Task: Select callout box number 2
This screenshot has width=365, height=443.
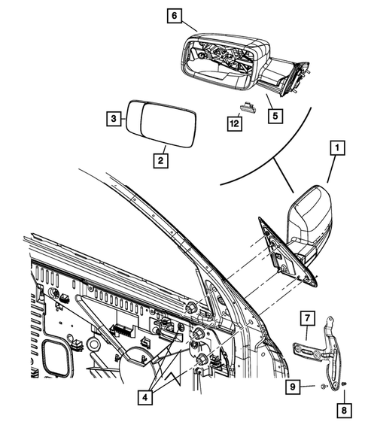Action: coord(160,160)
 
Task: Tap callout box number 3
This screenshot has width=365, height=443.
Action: coord(112,119)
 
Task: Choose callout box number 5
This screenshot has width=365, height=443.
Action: coord(275,116)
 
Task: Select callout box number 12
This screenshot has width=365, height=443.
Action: coord(236,120)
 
